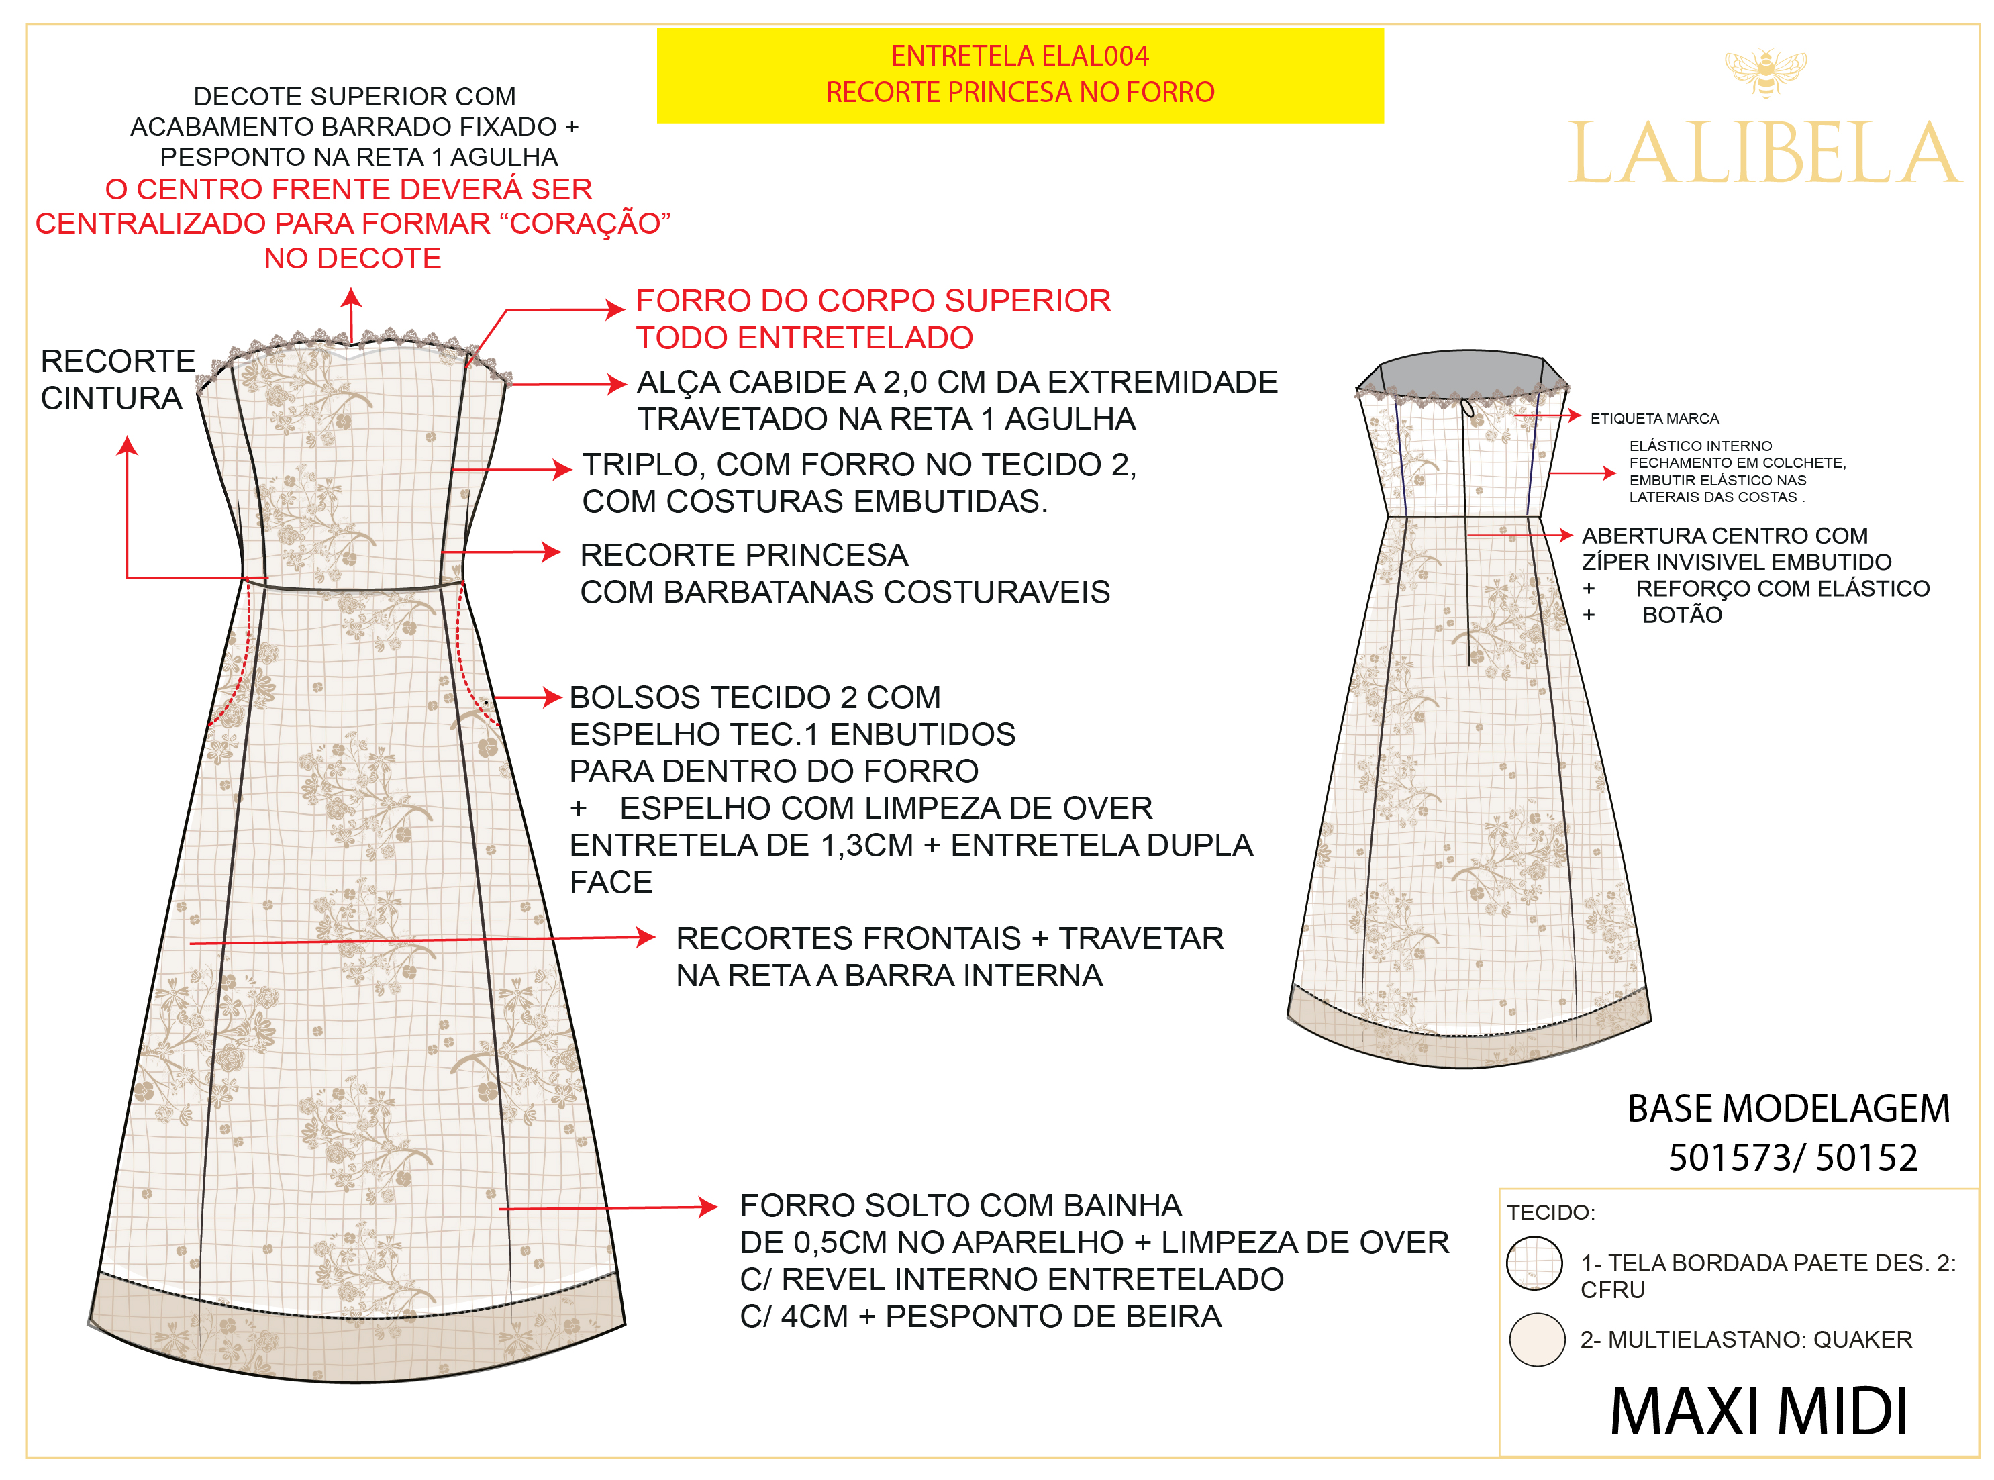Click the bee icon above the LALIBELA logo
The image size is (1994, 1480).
(1764, 72)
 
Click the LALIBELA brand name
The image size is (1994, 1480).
(1764, 154)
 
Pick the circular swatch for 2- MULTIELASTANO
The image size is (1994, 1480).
(1536, 1338)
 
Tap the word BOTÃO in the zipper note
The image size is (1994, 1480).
(1681, 615)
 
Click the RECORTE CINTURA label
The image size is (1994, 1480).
(117, 379)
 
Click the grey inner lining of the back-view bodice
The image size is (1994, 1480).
(1460, 371)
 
